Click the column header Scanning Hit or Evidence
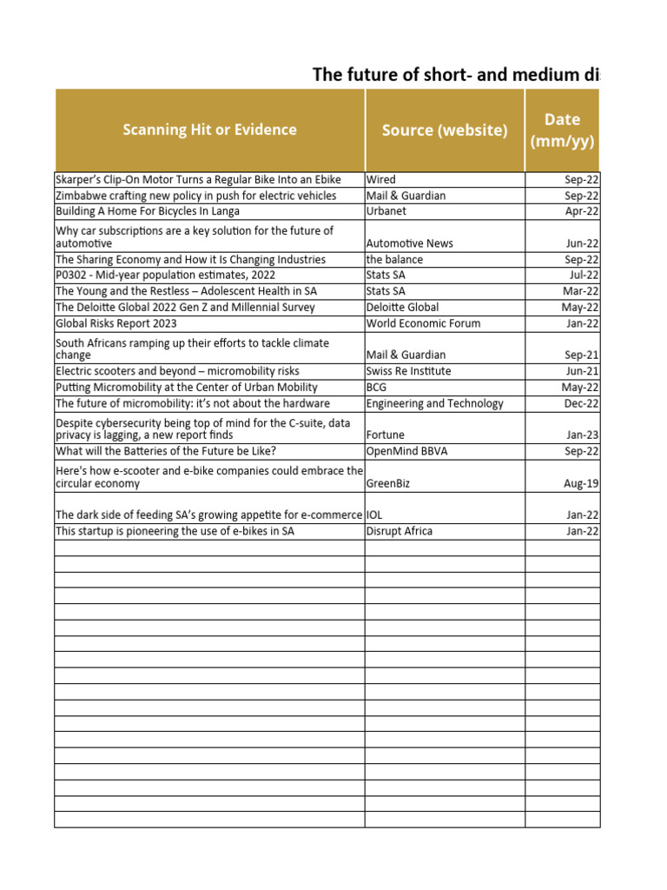coord(209,130)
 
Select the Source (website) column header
coord(444,130)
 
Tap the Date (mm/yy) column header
coord(562,130)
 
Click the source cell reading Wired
coord(381,180)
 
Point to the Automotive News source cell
coord(409,244)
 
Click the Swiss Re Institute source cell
coord(408,371)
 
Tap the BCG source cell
coord(378,388)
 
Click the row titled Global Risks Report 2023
coord(116,323)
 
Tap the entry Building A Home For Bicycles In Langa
coord(148,211)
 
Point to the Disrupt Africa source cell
coord(399,531)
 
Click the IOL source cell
coord(374,515)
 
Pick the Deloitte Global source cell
coord(402,308)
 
